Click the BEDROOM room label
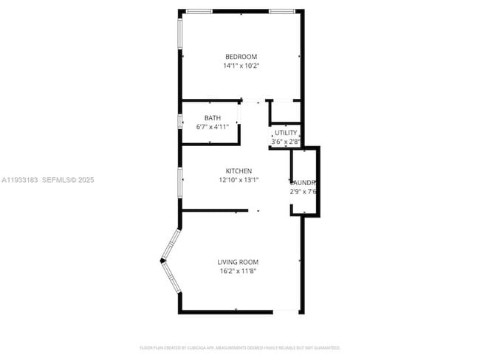pyautogui.click(x=241, y=57)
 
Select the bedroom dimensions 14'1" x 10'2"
pyautogui.click(x=241, y=66)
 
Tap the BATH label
pyautogui.click(x=213, y=118)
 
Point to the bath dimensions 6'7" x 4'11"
pyautogui.click(x=213, y=127)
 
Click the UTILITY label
pyautogui.click(x=285, y=133)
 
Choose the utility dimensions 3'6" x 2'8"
pyautogui.click(x=285, y=141)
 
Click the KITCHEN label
pyautogui.click(x=239, y=170)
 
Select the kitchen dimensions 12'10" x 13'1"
pyautogui.click(x=239, y=179)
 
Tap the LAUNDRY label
pyautogui.click(x=304, y=183)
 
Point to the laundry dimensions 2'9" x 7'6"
pyautogui.click(x=304, y=192)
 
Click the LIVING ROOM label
pyautogui.click(x=238, y=262)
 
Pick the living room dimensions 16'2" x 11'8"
pyautogui.click(x=238, y=271)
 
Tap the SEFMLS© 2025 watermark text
pyautogui.click(x=68, y=179)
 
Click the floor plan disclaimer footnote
pyautogui.click(x=240, y=347)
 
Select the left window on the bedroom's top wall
pyautogui.click(x=199, y=11)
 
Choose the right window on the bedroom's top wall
pyautogui.click(x=282, y=11)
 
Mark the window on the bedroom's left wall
pyautogui.click(x=180, y=35)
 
